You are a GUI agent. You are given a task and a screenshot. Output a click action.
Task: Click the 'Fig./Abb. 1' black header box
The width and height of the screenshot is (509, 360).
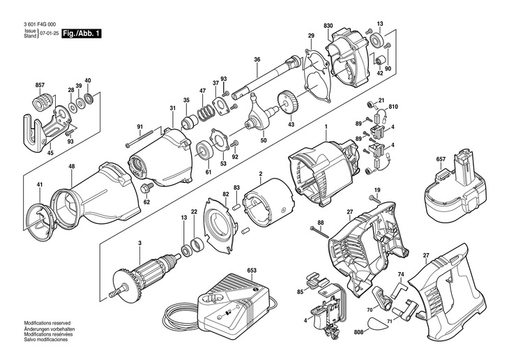[81, 33]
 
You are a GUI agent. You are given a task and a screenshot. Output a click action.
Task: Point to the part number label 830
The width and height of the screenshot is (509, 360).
[328, 26]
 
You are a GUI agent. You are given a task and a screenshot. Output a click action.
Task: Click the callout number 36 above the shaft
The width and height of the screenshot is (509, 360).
[257, 60]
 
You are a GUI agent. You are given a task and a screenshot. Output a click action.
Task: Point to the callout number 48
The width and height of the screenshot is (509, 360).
[72, 166]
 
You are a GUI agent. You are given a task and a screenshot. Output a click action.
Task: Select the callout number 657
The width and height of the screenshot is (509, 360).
[441, 160]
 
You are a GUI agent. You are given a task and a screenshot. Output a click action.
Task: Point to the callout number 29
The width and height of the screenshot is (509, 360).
[311, 35]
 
